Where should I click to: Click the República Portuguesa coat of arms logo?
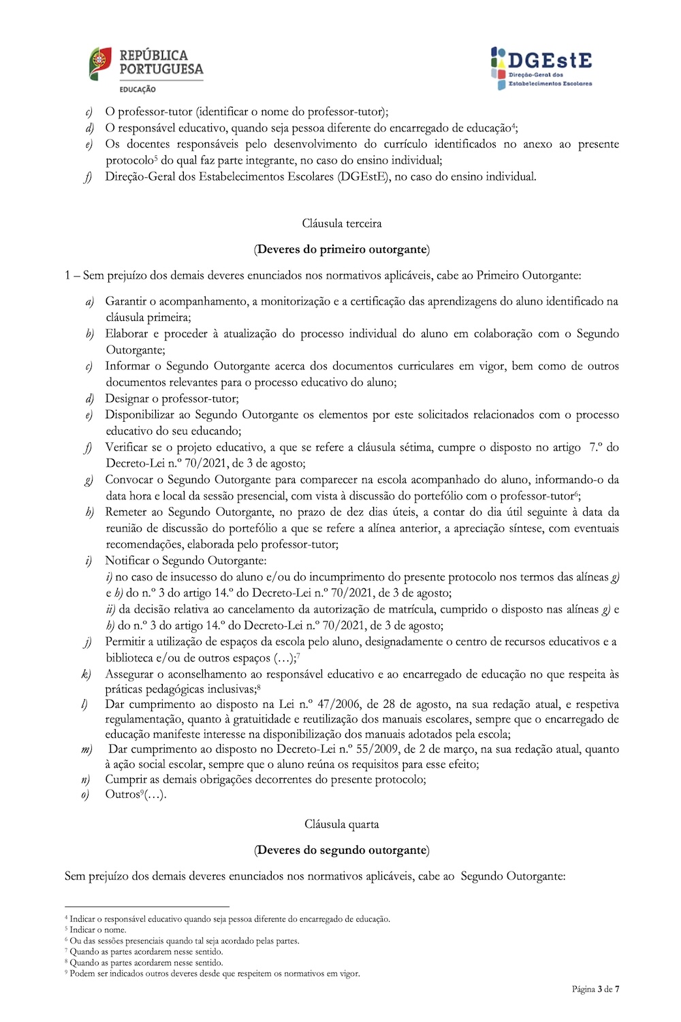tap(100, 65)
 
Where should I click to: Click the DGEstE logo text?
tap(550, 60)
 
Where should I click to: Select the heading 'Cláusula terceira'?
tap(342, 223)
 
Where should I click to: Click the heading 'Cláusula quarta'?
tap(342, 824)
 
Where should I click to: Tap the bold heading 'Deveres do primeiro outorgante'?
tap(342, 249)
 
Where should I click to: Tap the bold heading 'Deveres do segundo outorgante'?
tap(342, 850)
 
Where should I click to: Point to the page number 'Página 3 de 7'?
tap(595, 989)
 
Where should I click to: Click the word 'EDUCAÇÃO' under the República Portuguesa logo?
tap(138, 89)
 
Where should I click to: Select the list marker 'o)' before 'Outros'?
tap(86, 795)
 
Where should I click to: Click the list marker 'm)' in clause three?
tap(86, 750)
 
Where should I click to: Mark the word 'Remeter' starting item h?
tap(127, 512)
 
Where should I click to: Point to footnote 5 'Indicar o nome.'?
tap(98, 930)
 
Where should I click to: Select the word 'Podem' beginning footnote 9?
tap(81, 974)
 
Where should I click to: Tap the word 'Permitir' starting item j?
tap(126, 642)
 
